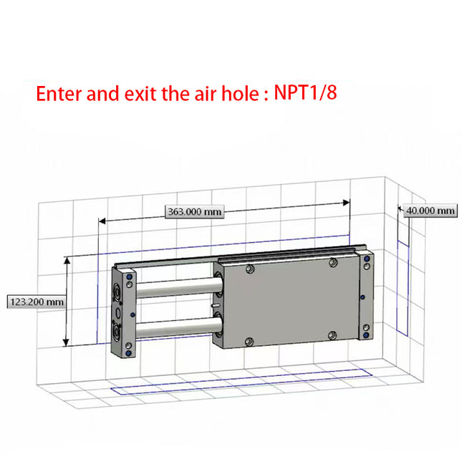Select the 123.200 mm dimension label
(37, 302)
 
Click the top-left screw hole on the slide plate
(249, 269)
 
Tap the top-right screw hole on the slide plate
(332, 264)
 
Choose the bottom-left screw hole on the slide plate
(249, 341)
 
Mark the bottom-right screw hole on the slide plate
(332, 335)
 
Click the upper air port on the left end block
(115, 293)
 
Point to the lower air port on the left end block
(115, 332)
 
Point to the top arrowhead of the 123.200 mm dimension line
(68, 260)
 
